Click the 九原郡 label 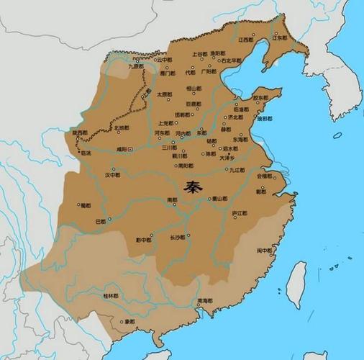point(136,66)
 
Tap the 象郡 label point(129,321)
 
